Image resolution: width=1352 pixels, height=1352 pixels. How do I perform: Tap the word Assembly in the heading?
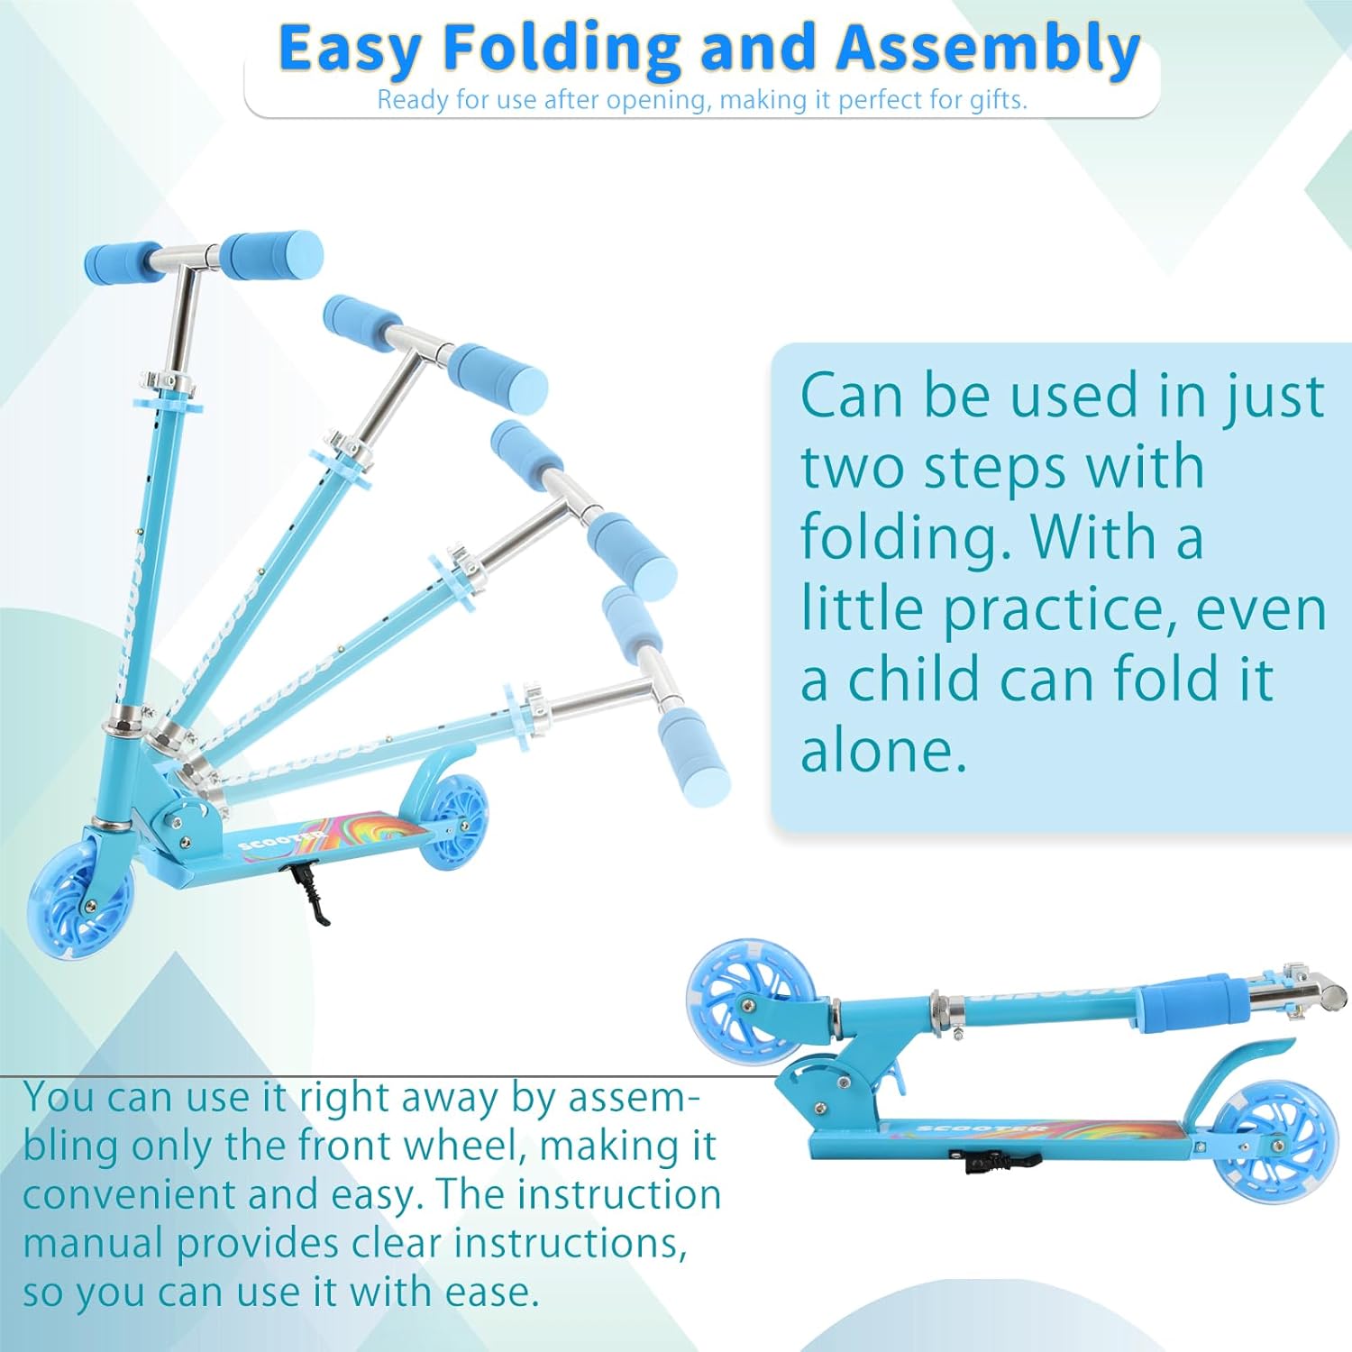[x=988, y=49]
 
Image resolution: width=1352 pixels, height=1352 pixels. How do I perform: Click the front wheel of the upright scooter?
[x=80, y=899]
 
